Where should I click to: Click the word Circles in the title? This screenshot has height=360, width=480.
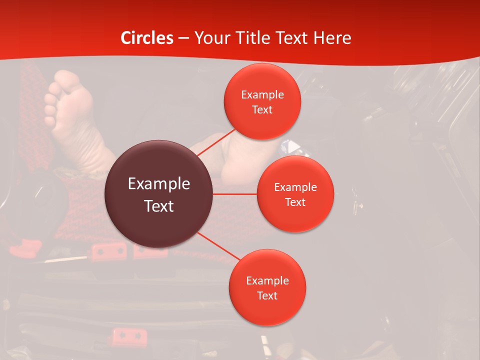coord(147,38)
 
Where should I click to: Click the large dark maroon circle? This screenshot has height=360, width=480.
coord(158,194)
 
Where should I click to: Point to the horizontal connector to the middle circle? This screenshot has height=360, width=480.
coord(235,193)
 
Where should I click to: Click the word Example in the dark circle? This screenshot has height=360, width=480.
coord(159,184)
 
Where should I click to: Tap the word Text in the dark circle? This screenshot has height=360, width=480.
coord(159,206)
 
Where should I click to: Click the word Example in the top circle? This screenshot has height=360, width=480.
coord(262,95)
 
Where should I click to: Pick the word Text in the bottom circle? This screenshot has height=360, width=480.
coord(267,295)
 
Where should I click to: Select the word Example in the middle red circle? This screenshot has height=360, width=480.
coord(295,187)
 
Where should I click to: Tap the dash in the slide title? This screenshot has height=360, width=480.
coord(183,38)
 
